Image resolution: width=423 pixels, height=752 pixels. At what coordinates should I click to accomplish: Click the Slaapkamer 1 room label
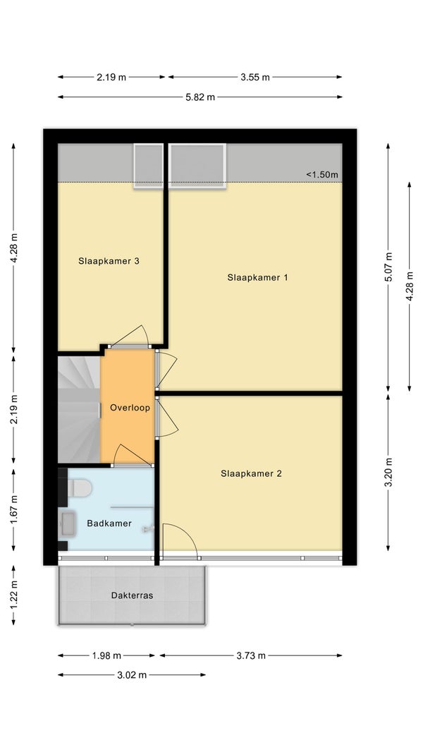click(x=257, y=277)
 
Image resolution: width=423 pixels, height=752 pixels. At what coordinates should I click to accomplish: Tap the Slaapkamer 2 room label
click(x=251, y=473)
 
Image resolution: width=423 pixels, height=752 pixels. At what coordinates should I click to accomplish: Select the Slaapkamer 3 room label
click(x=109, y=262)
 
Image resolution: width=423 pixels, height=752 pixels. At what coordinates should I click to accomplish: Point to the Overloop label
click(x=130, y=408)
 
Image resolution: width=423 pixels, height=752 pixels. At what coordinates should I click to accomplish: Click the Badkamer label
click(x=109, y=523)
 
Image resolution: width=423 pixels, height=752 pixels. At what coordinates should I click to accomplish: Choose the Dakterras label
click(x=132, y=595)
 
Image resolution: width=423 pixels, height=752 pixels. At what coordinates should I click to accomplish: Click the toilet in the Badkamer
click(x=79, y=488)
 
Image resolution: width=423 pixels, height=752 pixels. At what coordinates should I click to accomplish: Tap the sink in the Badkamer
click(x=67, y=523)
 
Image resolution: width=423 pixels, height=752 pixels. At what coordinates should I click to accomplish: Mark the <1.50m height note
click(x=322, y=174)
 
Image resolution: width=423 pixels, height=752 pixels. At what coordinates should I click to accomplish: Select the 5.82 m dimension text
click(x=200, y=97)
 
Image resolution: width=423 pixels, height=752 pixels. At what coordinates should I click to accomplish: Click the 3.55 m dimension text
click(x=255, y=77)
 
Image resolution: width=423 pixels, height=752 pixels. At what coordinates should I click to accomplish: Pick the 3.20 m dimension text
click(x=388, y=473)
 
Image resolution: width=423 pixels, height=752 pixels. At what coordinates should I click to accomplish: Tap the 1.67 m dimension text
click(x=13, y=510)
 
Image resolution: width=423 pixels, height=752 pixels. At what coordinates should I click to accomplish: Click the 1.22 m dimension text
click(x=13, y=595)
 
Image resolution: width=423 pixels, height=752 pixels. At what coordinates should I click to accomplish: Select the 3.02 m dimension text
click(x=132, y=675)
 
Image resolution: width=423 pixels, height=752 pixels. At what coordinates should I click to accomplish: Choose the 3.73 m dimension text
click(x=251, y=655)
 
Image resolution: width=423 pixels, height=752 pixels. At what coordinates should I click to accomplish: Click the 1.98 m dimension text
click(x=106, y=655)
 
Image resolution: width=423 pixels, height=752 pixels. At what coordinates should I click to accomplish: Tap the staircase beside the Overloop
click(x=79, y=408)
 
